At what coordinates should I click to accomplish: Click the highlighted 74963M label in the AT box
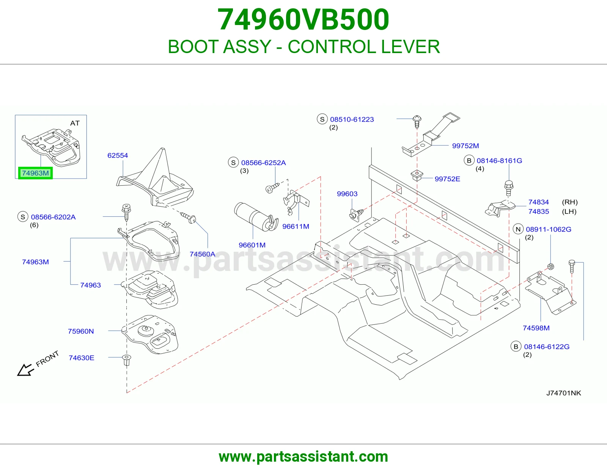pyautogui.click(x=36, y=173)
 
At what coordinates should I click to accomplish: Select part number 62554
pyautogui.click(x=118, y=155)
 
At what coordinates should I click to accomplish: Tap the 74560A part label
pyautogui.click(x=203, y=254)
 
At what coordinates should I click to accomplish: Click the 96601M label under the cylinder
pyautogui.click(x=252, y=245)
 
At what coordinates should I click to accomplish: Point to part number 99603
pyautogui.click(x=347, y=194)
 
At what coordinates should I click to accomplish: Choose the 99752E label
pyautogui.click(x=447, y=179)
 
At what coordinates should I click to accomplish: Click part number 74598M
pyautogui.click(x=536, y=328)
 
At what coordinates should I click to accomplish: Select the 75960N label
pyautogui.click(x=81, y=331)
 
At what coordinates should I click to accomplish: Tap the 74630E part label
pyautogui.click(x=82, y=358)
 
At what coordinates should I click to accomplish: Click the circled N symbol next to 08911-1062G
pyautogui.click(x=518, y=229)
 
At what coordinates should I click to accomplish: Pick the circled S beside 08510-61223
pyautogui.click(x=322, y=119)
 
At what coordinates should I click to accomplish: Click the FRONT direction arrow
pyautogui.click(x=25, y=370)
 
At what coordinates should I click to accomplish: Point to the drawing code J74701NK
pyautogui.click(x=564, y=393)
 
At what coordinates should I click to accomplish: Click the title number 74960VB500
pyautogui.click(x=303, y=19)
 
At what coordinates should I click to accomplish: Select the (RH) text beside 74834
pyautogui.click(x=569, y=202)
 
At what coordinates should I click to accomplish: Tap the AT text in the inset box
pyautogui.click(x=75, y=123)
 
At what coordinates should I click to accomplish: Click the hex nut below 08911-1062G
pyautogui.click(x=550, y=266)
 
